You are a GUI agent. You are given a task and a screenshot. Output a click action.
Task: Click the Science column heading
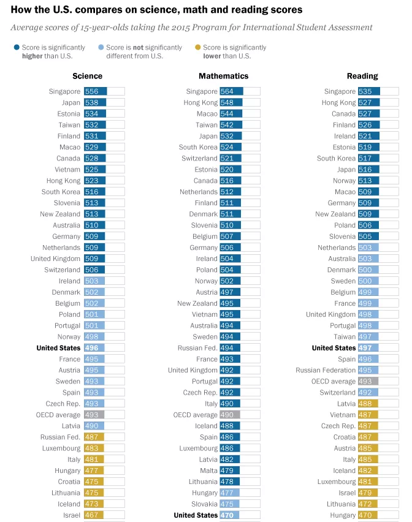[87, 76]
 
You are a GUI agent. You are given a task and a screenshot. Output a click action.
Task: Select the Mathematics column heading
[224, 76]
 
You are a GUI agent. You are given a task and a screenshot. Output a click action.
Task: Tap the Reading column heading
[362, 76]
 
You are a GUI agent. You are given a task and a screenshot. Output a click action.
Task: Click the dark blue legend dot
[17, 47]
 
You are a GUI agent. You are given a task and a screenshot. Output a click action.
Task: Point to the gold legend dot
[198, 47]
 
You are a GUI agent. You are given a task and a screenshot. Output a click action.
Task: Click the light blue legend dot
[101, 47]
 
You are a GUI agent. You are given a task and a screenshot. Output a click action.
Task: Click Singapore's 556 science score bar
[95, 91]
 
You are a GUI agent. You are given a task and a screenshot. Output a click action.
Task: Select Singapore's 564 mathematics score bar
[231, 91]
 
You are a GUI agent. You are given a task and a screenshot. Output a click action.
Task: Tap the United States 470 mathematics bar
[229, 515]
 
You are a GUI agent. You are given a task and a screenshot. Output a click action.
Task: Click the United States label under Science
[58, 348]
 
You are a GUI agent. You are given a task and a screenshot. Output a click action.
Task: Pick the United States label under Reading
[334, 348]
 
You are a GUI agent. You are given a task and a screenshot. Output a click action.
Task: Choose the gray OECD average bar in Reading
[368, 381]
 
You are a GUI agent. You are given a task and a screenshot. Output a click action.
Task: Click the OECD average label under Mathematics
[195, 415]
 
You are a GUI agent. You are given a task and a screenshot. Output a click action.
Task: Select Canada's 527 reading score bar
[368, 113]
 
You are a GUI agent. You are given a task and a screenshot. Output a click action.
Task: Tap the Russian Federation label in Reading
[326, 370]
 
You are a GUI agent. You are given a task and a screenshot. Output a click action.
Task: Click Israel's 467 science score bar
[94, 515]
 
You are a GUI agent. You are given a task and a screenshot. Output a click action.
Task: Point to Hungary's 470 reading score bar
[367, 515]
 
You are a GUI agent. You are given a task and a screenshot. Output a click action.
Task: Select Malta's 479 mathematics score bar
[229, 471]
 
